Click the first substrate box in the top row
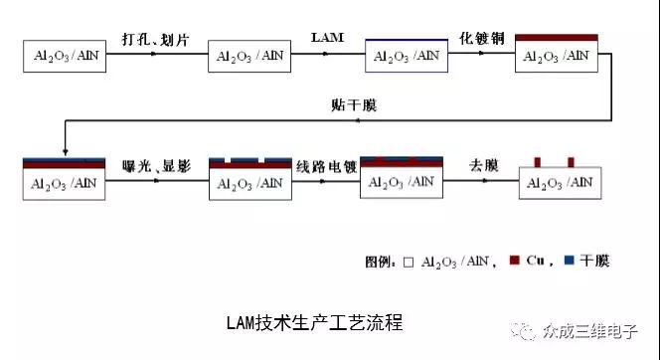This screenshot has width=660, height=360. click(x=65, y=57)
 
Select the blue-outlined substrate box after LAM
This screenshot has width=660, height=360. click(x=406, y=56)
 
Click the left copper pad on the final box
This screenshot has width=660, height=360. click(x=538, y=161)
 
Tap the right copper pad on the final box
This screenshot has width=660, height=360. click(x=572, y=161)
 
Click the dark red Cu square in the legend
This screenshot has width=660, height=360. click(x=515, y=262)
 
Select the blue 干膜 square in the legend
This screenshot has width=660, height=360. click(x=569, y=262)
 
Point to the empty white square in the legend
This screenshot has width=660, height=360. click(x=408, y=263)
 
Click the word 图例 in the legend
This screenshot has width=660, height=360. click(x=379, y=263)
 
